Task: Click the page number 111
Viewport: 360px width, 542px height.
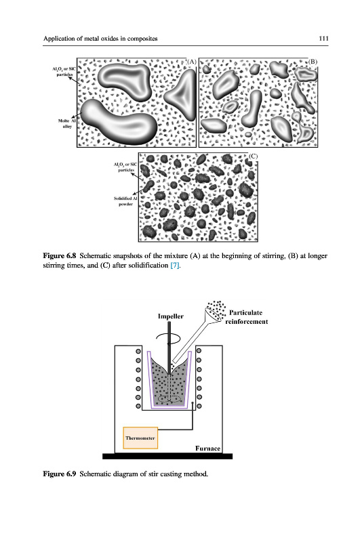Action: (323, 39)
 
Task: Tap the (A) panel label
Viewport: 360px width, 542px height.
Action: (192, 62)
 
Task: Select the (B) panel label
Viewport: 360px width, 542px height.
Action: (313, 62)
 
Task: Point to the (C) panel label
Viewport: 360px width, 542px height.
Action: (253, 157)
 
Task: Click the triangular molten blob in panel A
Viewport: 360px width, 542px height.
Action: (182, 95)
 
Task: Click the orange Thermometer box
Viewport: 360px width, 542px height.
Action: (140, 438)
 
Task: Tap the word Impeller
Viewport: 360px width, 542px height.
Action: (170, 316)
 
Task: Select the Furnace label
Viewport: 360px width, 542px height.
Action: (207, 449)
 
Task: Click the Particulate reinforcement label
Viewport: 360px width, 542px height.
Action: (247, 317)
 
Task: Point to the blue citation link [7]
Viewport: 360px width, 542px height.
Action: (175, 266)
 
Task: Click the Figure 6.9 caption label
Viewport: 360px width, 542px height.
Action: (59, 474)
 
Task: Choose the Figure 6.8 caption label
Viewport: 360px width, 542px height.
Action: (59, 256)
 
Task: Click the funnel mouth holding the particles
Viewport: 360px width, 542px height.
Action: (214, 314)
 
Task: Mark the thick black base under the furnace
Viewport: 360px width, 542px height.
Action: (167, 456)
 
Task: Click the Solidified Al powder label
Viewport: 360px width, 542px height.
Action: (125, 201)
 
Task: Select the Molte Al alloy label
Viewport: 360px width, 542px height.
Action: (66, 123)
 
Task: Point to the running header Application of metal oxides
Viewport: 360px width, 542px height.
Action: (100, 39)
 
